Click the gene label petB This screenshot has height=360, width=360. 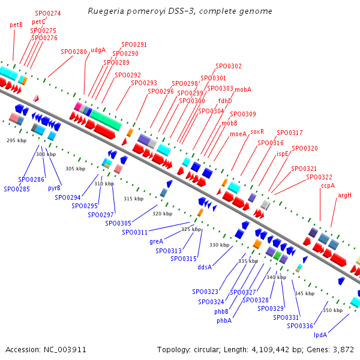(16, 25)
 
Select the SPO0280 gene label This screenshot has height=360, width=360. (74, 52)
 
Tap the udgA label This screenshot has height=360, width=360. (98, 50)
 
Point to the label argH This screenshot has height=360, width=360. (344, 195)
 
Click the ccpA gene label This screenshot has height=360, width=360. (328, 186)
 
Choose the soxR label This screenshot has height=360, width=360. (257, 131)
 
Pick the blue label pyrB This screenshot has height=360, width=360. (54, 188)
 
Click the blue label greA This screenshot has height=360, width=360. (156, 241)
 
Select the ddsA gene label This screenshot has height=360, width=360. (205, 268)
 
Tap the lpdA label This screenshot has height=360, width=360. (320, 335)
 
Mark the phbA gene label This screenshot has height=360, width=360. (224, 320)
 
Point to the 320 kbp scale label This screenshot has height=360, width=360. (162, 214)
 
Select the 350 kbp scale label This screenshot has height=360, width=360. (332, 310)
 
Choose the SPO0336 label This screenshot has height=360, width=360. (299, 326)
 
